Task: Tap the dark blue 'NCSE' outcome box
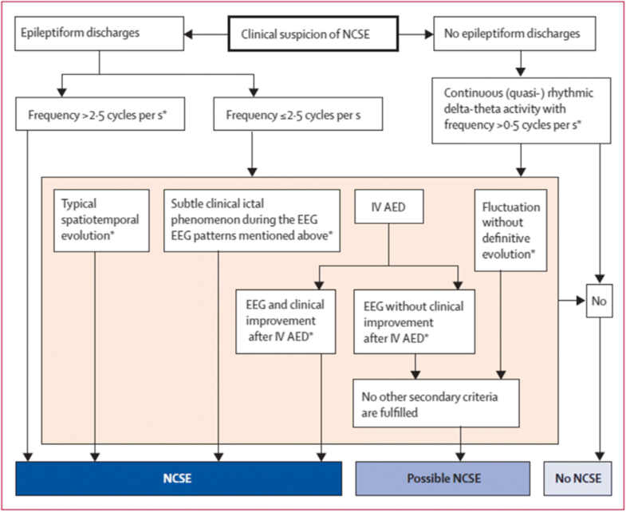pyautogui.click(x=179, y=479)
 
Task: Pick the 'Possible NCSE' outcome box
pyautogui.click(x=442, y=479)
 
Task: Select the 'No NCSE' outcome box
pyautogui.click(x=579, y=479)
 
